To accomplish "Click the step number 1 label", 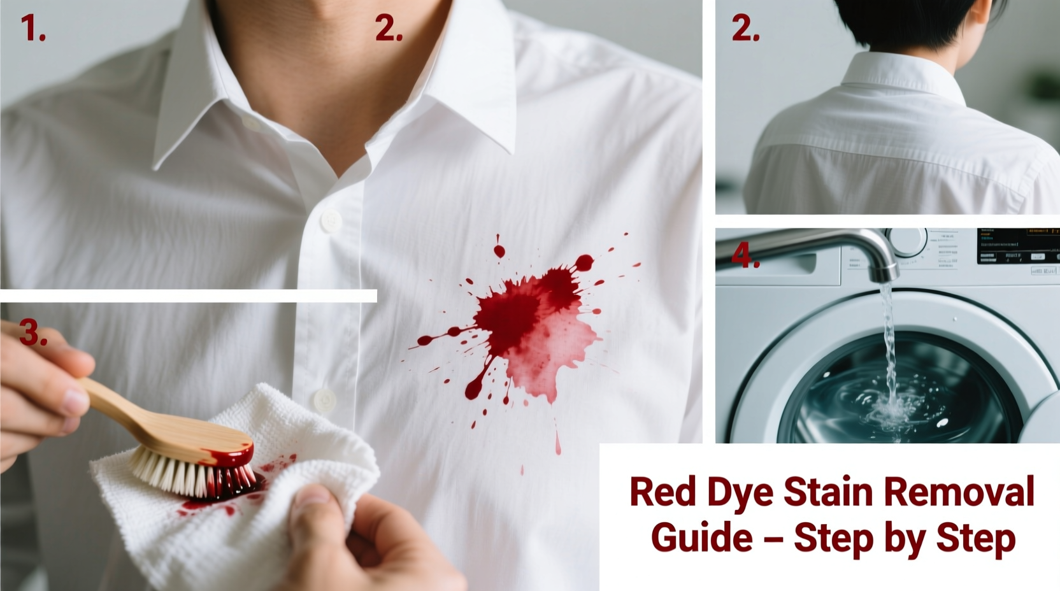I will click(x=32, y=29).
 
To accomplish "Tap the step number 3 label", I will click(x=33, y=333).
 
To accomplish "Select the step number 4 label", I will click(x=745, y=256).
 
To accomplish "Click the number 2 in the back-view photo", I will click(x=745, y=29).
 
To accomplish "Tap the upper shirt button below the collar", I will click(x=330, y=221).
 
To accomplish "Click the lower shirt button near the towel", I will click(x=324, y=399).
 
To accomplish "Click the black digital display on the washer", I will click(x=1017, y=246).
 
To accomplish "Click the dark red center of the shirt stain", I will click(x=510, y=315).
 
